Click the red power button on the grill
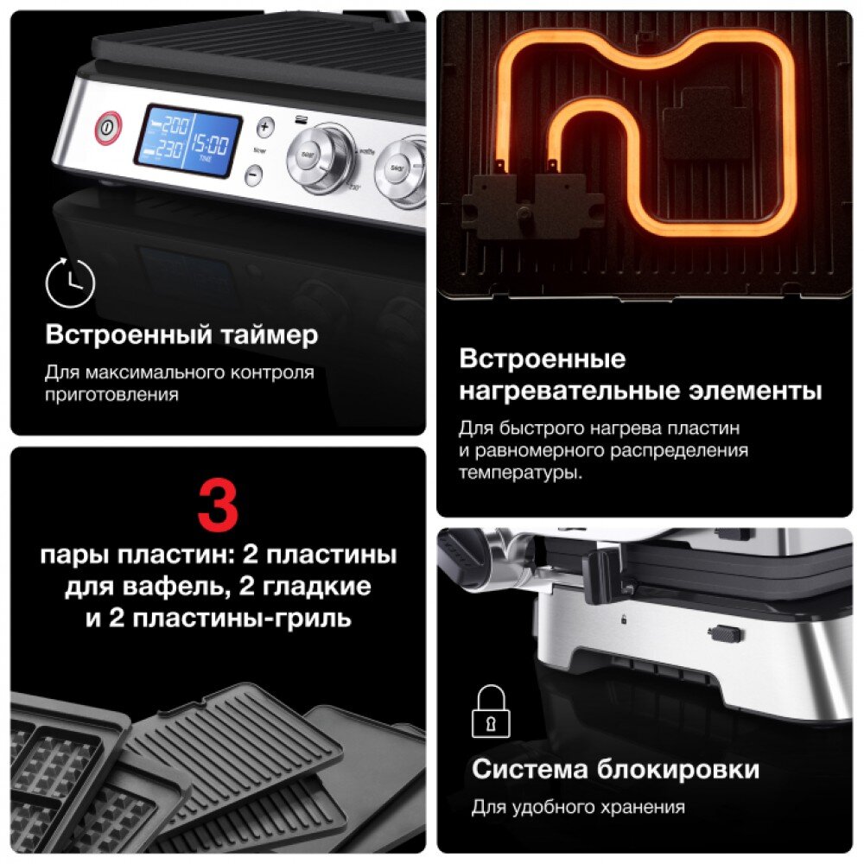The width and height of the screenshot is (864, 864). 108,128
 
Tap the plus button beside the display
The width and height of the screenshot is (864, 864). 265,128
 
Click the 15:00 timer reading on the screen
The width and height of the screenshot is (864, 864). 209,144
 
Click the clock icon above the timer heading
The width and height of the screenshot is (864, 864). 70,283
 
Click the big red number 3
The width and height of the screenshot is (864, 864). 218,505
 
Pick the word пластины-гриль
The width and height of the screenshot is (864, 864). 242,619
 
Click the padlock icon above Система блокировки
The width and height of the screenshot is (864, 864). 491,711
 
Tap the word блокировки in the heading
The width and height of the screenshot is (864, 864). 678,770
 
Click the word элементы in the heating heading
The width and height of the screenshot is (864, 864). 755,391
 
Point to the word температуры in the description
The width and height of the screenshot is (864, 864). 520,473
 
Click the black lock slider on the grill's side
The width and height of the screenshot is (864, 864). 725,633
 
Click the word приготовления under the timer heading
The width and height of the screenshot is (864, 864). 111,395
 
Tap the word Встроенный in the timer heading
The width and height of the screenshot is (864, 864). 129,335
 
